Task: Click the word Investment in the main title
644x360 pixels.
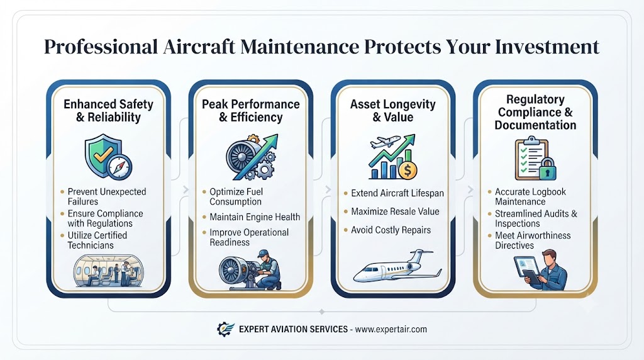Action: [547, 47]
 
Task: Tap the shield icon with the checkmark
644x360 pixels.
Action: [103, 155]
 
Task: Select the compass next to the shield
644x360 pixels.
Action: [119, 167]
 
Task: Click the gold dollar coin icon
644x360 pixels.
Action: [408, 170]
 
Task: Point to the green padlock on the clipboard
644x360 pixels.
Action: [547, 169]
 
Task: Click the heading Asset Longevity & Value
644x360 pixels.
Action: [392, 111]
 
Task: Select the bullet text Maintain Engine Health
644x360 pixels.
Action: [255, 217]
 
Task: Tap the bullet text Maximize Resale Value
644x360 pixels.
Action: [395, 211]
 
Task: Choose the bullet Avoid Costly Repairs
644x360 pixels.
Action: [391, 230]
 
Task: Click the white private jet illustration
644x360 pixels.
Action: [397, 266]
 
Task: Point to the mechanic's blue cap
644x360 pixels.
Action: [263, 253]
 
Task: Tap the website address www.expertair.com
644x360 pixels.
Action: [391, 329]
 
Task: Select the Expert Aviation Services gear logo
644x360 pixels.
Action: [226, 329]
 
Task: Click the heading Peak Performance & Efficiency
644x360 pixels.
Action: [250, 111]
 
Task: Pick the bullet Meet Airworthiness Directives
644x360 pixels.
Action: [532, 240]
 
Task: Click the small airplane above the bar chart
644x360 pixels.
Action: [385, 142]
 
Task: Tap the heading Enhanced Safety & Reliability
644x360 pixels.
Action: [108, 111]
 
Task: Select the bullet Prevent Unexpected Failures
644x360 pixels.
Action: [107, 196]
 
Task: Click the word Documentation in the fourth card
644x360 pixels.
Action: [535, 125]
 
